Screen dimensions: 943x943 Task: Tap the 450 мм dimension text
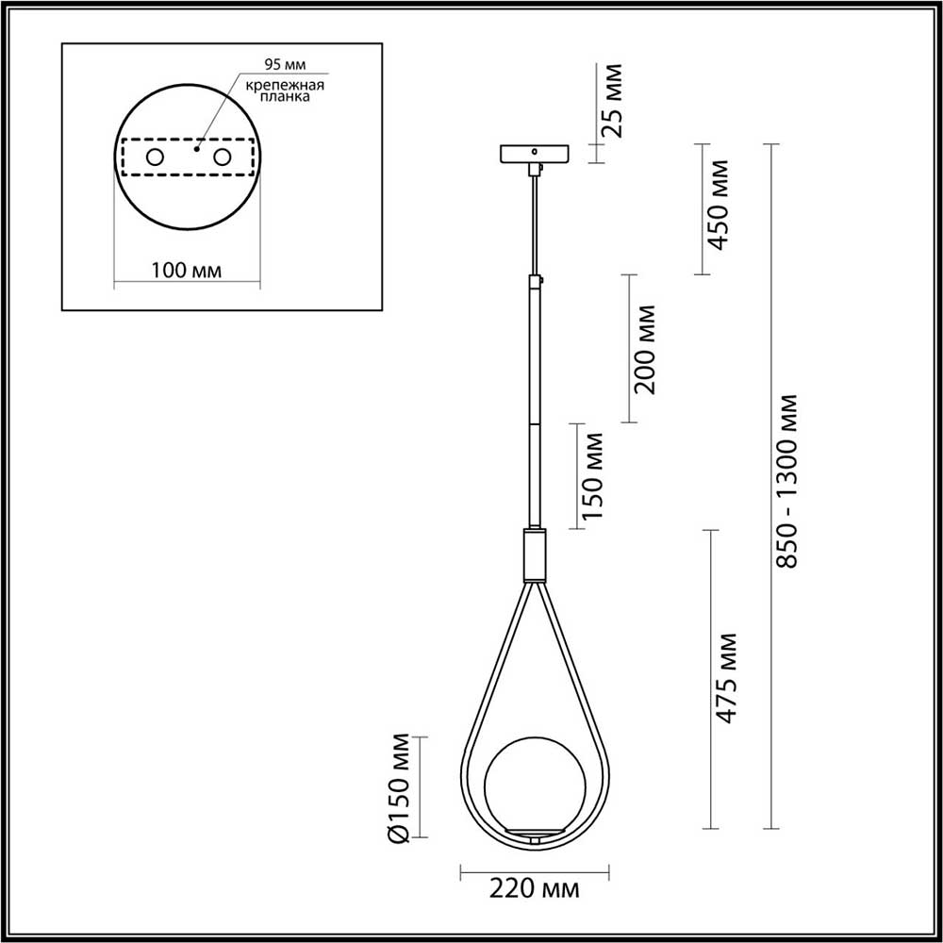click(x=720, y=205)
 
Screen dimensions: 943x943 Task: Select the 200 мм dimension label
click(x=647, y=349)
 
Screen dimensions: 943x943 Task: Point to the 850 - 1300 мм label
click(x=787, y=480)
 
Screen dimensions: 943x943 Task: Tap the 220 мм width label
click(x=534, y=889)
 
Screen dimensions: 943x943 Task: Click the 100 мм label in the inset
click(x=186, y=271)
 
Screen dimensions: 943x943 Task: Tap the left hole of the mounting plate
click(x=154, y=157)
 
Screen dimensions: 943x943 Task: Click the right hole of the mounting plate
click(x=223, y=157)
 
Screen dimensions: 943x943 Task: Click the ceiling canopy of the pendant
click(x=534, y=153)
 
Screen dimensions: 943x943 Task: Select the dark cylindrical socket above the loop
click(x=534, y=554)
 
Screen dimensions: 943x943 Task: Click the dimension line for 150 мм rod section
click(x=574, y=475)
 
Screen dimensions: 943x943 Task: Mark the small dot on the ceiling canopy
click(x=534, y=150)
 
